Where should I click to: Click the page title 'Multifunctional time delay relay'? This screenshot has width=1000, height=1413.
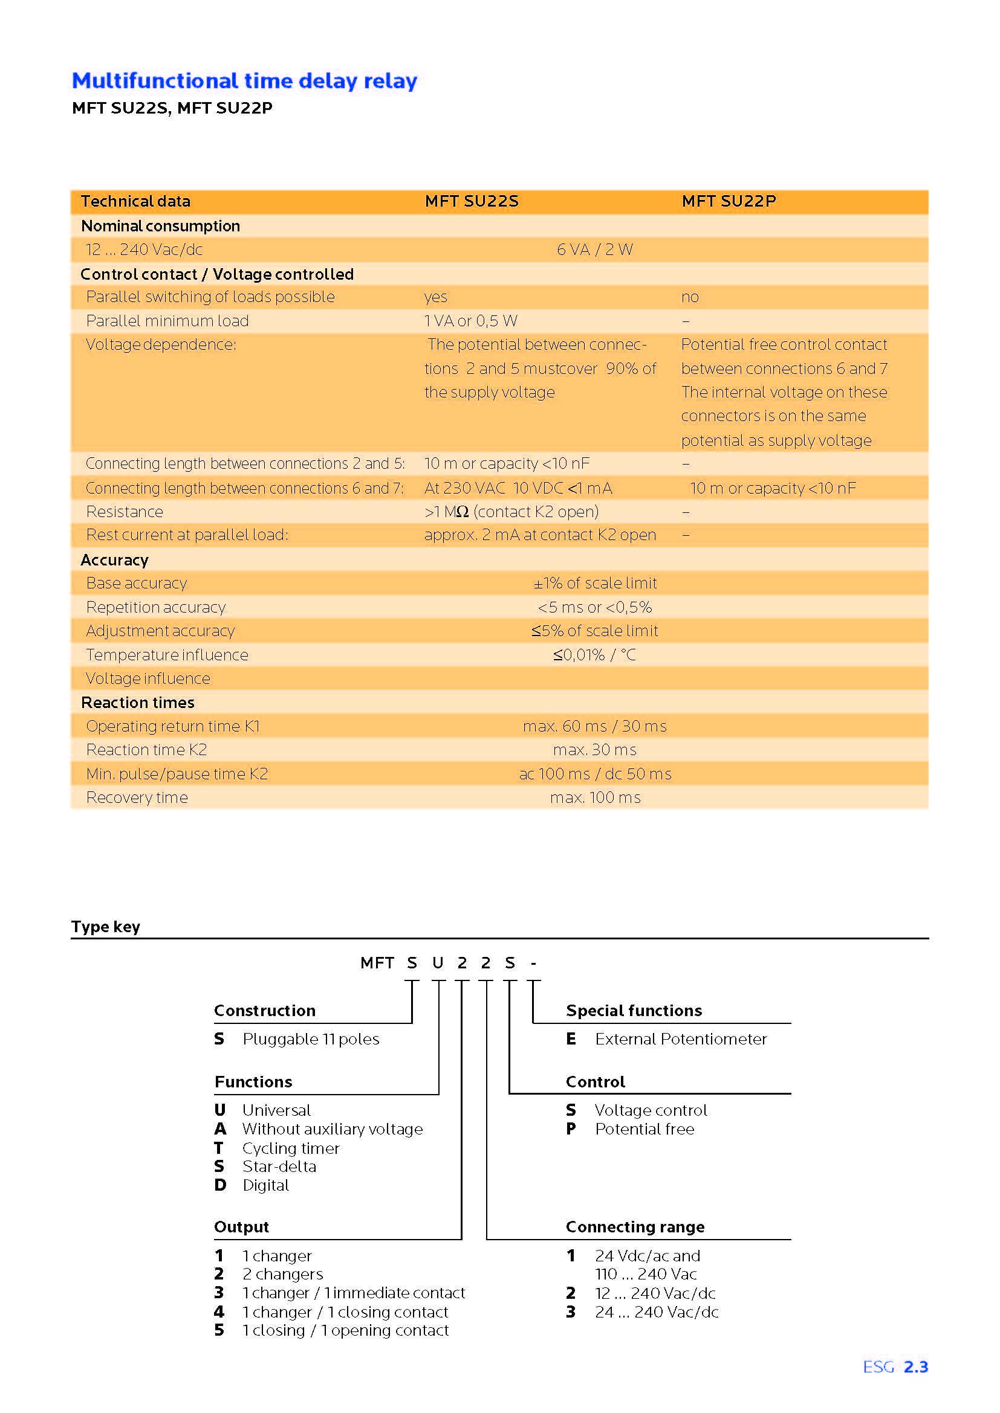[x=244, y=80]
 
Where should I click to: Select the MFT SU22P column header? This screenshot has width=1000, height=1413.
[x=729, y=201]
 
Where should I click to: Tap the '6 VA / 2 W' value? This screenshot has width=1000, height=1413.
[x=594, y=250]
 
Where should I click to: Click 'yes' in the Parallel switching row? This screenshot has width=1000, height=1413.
[x=435, y=297]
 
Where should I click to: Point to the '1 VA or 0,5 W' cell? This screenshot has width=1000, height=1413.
[x=470, y=321]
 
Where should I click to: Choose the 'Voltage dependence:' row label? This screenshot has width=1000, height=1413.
[x=161, y=344]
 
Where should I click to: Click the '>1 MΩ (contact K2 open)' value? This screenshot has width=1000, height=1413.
[x=511, y=512]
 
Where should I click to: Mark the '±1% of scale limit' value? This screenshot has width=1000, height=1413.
[x=595, y=584]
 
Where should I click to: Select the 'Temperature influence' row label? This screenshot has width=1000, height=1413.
[x=167, y=655]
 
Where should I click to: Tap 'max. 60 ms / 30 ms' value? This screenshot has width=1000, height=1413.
[x=594, y=727]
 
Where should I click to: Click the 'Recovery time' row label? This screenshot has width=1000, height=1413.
[x=137, y=798]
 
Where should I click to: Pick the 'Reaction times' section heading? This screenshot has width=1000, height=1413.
[x=137, y=703]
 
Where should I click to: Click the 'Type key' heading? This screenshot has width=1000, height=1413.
[x=105, y=927]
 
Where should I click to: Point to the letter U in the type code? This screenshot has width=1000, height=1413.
[x=438, y=963]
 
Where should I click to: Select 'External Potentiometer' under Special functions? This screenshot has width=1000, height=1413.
[x=680, y=1040]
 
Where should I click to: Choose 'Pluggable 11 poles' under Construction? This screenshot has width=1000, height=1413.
[x=310, y=1040]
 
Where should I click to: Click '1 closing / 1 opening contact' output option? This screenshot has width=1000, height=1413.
[x=345, y=1330]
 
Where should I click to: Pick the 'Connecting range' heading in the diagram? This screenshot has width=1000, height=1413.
[x=635, y=1227]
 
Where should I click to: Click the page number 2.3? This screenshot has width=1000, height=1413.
[x=915, y=1368]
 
